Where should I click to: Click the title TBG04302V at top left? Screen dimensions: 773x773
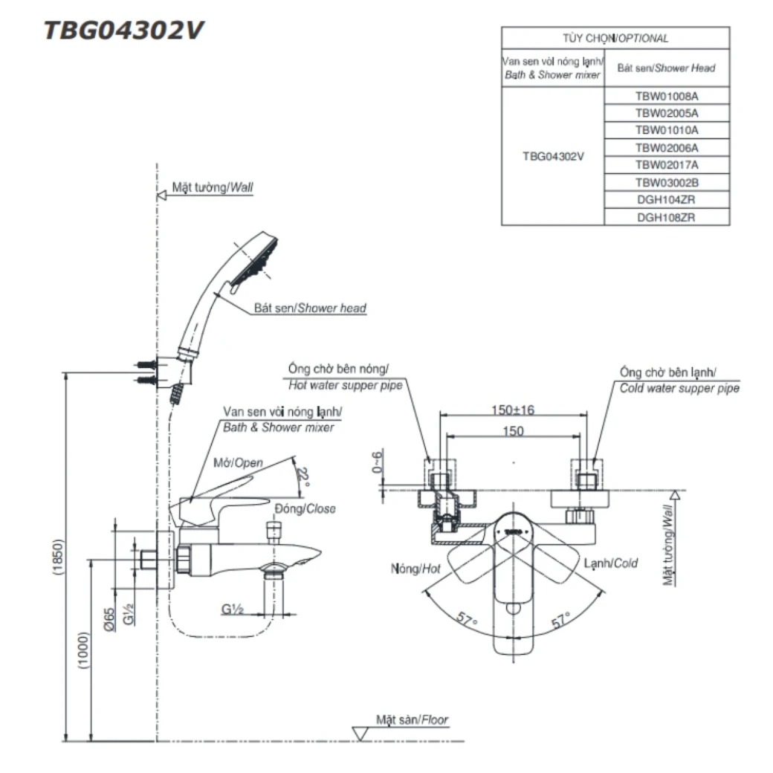123,30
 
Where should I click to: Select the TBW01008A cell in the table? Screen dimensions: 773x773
667,96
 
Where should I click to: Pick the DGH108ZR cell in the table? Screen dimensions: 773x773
667,217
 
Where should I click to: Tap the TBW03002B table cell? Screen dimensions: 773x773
667,182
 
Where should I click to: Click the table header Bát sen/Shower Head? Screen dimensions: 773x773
666,68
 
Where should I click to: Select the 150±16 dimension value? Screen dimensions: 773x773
513,410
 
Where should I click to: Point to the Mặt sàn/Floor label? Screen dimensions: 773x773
412,719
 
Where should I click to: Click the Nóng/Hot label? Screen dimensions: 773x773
417,569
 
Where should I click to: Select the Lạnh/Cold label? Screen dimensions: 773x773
610,563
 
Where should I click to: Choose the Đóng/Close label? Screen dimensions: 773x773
304,509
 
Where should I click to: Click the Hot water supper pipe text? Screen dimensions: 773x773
345,385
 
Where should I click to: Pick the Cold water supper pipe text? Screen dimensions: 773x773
679,388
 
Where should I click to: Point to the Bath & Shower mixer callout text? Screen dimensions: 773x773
278,427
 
